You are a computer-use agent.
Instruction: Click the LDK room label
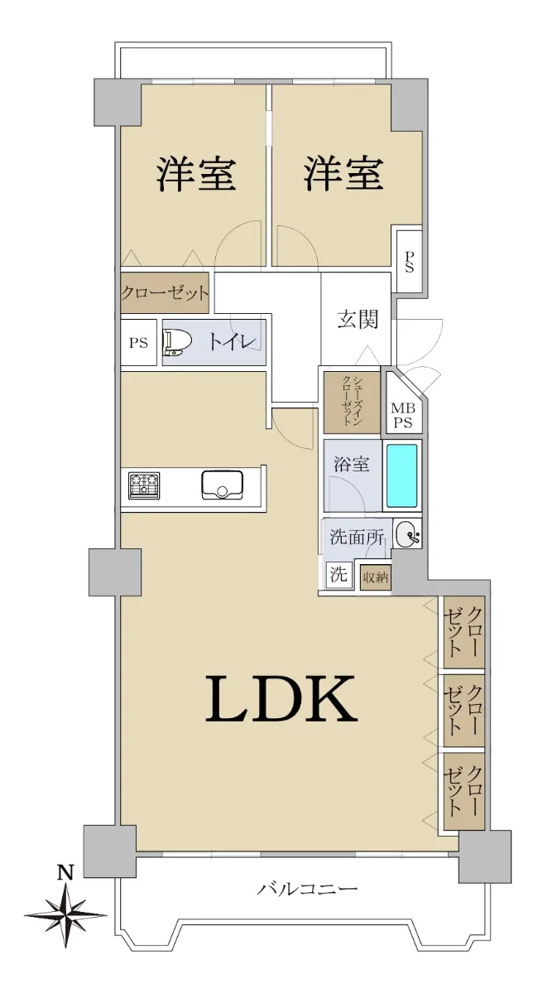(x=281, y=698)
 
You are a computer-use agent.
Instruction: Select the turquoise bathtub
(x=401, y=475)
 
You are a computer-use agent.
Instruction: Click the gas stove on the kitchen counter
(x=144, y=485)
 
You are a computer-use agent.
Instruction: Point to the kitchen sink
(x=222, y=485)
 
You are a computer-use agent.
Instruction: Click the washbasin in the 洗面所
(x=407, y=534)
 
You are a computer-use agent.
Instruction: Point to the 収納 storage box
(x=375, y=577)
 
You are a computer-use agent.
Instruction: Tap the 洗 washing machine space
(x=339, y=575)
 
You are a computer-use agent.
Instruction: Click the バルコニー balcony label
(x=308, y=888)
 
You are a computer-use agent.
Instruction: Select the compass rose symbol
(x=65, y=915)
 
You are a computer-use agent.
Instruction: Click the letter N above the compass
(x=65, y=871)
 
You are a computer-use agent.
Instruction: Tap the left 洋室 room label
(x=195, y=175)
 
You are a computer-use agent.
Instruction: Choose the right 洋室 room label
(x=343, y=175)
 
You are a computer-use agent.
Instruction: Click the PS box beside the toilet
(x=139, y=343)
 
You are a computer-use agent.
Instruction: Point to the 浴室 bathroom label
(x=351, y=465)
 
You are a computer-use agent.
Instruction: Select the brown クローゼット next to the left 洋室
(x=165, y=292)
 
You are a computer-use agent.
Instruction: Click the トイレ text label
(x=233, y=341)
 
